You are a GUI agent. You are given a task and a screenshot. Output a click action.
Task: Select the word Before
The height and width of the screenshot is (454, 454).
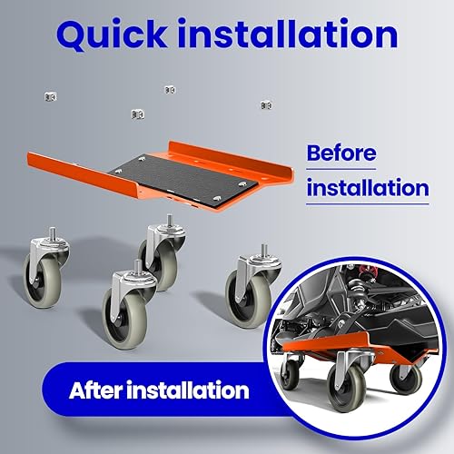click(341, 153)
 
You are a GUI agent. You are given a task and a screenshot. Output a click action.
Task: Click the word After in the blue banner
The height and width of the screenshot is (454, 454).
click(96, 390)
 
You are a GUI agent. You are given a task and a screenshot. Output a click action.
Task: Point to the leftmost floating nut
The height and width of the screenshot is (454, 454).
click(50, 97)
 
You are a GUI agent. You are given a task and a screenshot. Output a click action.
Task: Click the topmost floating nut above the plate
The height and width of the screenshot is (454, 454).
click(170, 90)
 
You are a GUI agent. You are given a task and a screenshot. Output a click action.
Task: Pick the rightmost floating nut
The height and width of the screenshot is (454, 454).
click(266, 105)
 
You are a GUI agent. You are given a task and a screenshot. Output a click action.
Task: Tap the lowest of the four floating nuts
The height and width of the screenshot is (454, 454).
click(138, 114)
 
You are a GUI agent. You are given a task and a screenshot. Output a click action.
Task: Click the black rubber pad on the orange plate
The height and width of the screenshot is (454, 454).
click(182, 179)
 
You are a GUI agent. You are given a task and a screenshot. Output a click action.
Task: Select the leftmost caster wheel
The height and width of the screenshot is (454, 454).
click(45, 268)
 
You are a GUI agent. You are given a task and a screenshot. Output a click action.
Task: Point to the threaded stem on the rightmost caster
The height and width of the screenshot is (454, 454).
click(265, 251)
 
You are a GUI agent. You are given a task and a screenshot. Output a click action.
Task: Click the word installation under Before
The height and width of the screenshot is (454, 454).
click(368, 188)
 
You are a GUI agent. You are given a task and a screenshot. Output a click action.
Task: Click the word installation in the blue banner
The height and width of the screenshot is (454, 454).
click(188, 390)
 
